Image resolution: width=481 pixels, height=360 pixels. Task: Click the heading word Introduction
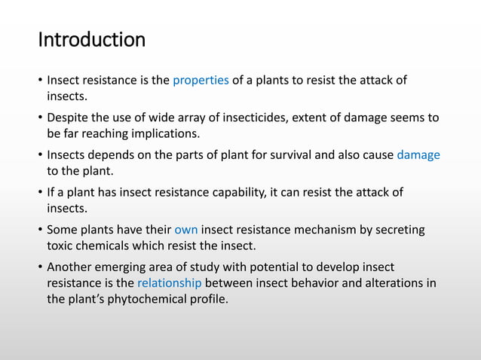[91, 39]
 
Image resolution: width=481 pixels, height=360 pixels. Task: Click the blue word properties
[201, 81]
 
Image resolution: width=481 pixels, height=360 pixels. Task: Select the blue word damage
[418, 155]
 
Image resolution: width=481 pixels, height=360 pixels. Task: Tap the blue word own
[185, 229]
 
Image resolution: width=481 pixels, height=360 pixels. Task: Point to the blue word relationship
[170, 283]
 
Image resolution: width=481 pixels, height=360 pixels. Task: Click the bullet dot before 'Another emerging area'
[39, 267]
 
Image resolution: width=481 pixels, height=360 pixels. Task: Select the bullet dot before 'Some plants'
[39, 229]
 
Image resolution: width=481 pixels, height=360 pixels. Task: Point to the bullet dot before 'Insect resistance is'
[39, 81]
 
